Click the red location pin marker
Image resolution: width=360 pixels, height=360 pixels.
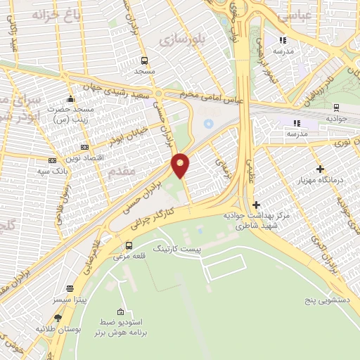coord(181,165)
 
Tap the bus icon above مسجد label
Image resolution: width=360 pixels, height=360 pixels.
coord(144,60)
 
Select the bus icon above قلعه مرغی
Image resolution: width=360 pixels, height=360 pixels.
coord(129,246)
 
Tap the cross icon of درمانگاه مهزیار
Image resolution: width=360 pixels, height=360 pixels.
coord(321,169)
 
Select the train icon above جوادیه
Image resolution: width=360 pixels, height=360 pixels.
coord(337,108)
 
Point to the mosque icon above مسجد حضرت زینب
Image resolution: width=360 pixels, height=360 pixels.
coord(70,98)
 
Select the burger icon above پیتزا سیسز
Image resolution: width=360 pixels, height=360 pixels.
coord(69,288)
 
